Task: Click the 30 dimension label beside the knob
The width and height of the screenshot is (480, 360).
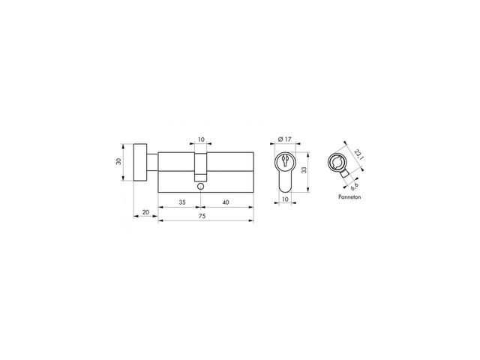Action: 118,161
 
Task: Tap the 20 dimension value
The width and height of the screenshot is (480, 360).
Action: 145,211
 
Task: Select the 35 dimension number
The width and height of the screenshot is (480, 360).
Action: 182,202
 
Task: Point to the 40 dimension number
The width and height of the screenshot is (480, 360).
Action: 226,202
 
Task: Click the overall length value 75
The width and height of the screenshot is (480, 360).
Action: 202,216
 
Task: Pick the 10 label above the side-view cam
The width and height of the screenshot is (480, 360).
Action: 201,139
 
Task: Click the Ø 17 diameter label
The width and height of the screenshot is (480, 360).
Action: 285,139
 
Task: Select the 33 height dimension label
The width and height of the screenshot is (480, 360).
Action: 304,170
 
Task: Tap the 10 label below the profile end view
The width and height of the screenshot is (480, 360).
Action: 285,199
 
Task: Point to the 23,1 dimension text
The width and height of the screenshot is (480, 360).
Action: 358,154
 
